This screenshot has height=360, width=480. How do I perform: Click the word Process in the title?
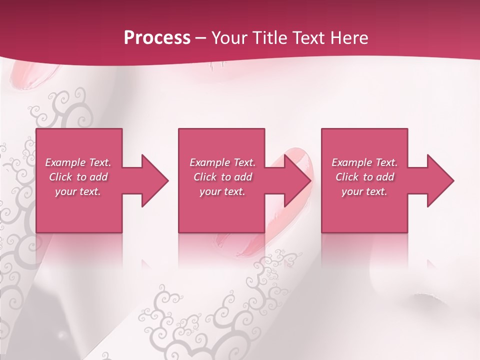(157, 38)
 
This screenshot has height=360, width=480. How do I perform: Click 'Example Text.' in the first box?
(78, 162)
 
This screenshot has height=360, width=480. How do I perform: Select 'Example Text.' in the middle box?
(222, 162)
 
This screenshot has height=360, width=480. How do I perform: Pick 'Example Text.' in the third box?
(364, 162)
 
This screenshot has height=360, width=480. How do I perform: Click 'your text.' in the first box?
(78, 191)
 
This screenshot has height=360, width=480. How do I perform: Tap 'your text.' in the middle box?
(222, 191)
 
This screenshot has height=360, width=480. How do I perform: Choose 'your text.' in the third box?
(364, 191)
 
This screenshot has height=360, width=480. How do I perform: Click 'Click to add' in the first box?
(78, 177)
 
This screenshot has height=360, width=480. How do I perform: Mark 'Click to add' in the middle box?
(222, 177)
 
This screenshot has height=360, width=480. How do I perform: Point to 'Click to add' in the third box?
(364, 177)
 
